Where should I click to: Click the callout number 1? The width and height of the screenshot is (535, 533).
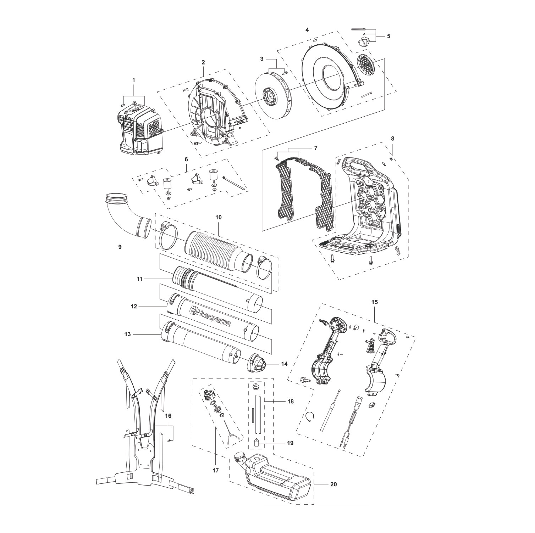tap(134, 80)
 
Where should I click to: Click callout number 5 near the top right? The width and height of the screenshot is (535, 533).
tap(388, 36)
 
